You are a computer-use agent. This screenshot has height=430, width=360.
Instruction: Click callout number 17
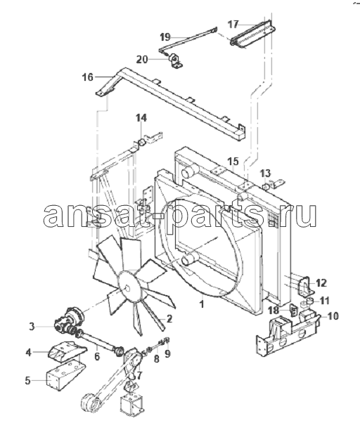233,25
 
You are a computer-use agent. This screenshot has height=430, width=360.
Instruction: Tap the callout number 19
165,37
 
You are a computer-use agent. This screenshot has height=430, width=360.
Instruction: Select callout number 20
142,59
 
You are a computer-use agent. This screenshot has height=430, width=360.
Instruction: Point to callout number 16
88,77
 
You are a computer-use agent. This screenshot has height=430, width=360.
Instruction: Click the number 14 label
141,118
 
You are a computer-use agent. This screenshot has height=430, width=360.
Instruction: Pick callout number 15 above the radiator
233,162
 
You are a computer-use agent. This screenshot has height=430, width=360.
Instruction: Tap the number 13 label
265,174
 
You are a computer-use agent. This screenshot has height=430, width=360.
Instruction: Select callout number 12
321,282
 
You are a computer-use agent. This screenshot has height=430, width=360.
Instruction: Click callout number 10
333,316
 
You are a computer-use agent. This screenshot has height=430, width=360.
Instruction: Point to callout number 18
274,311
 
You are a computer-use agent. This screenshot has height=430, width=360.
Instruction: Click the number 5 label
27,381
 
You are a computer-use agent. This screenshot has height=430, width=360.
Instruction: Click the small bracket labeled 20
175,61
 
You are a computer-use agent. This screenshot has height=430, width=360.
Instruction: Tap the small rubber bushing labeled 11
310,301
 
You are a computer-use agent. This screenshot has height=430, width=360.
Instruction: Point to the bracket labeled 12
304,286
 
